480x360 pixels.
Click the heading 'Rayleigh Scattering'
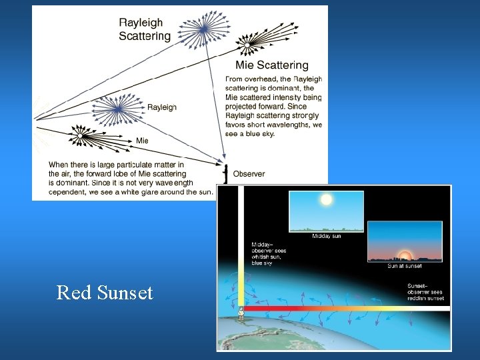pos(145,29)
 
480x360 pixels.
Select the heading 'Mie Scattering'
pos(271,65)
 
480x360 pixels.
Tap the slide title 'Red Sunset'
pos(105,293)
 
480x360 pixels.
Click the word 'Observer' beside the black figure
pos(249,174)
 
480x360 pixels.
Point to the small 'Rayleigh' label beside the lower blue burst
pos(162,107)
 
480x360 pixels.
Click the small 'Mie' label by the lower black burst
pos(142,141)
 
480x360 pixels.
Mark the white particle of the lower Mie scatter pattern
pos(79,135)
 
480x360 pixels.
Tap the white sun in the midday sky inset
pos(326,199)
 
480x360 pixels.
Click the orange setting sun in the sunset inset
pos(404,256)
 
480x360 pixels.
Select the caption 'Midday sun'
pos(326,236)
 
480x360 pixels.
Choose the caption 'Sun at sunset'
pos(404,266)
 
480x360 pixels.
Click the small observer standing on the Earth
pos(241,311)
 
